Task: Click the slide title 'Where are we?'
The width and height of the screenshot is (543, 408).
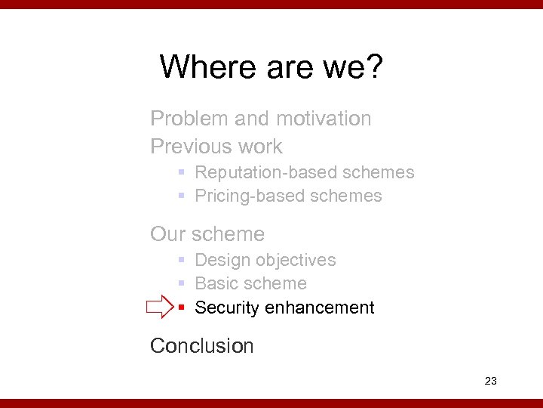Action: point(271,66)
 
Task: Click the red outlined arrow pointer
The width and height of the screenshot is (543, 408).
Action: point(160,308)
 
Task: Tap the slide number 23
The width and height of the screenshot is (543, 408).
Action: point(490,381)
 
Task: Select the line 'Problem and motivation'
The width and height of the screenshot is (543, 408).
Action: point(261,119)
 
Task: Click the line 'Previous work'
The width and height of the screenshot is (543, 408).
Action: point(216,147)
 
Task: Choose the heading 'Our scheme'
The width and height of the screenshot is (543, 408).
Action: point(207,234)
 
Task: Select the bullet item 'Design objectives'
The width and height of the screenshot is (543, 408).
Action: point(265,260)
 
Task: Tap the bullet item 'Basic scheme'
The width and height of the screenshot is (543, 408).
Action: point(250,283)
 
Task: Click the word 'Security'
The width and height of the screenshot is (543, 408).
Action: point(226,308)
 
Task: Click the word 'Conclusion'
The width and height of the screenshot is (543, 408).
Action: point(202,346)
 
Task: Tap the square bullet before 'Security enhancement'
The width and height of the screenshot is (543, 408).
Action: point(182,308)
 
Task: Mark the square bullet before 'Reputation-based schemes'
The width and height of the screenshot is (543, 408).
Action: point(182,173)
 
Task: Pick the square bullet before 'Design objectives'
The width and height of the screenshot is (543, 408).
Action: point(182,261)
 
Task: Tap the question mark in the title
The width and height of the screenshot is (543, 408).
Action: point(374,66)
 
